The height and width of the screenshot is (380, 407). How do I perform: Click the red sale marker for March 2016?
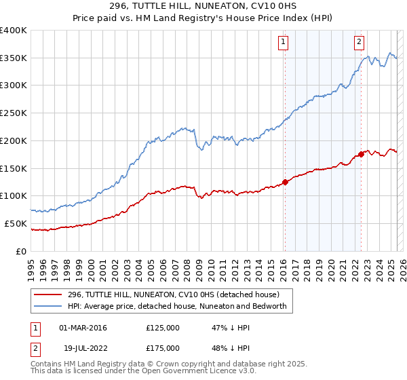[x=286, y=182]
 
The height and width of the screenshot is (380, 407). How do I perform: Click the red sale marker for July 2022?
[x=362, y=154]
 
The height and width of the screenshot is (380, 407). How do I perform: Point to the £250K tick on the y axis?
[x=14, y=113]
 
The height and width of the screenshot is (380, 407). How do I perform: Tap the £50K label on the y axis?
[x=16, y=223]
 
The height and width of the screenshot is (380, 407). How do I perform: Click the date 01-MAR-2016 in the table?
[x=83, y=328]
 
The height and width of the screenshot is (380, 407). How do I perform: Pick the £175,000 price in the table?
[x=163, y=348]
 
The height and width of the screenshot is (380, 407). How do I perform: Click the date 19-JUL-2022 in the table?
[x=82, y=348]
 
